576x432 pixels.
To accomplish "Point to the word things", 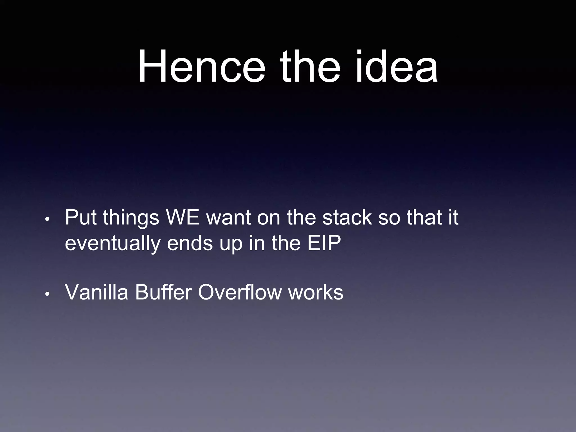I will click(131, 218).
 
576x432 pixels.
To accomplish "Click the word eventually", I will click(113, 243).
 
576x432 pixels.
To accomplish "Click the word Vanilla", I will click(96, 292).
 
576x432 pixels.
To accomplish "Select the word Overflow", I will click(240, 292).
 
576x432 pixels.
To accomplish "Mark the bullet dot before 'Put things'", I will click(48, 219).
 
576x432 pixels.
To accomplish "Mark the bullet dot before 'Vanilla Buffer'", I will click(48, 294).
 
